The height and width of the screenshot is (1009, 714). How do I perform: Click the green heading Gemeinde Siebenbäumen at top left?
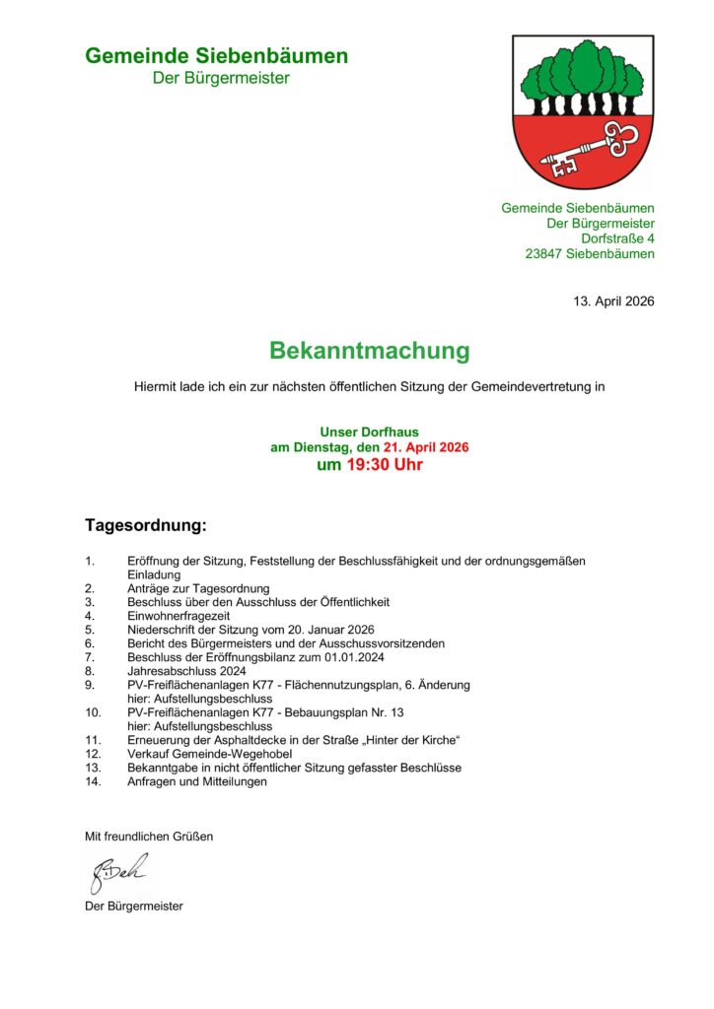point(216,56)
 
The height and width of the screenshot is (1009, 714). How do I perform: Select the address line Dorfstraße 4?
point(617,238)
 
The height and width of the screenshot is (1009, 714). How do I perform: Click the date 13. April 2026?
point(613,301)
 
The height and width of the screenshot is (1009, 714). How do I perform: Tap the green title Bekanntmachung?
point(370,351)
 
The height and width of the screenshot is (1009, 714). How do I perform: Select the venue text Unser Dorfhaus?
point(369,432)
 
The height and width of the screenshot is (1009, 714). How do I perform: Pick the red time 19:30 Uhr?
point(384,465)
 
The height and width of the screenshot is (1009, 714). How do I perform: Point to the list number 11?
point(93,740)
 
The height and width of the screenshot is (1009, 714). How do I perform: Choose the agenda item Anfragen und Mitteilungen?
point(197,781)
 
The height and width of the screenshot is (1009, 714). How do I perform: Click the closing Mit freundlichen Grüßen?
point(149,837)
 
